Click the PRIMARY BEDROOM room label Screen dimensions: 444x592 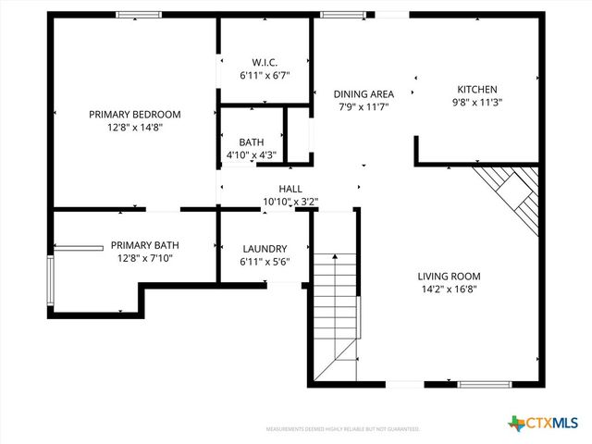click(134, 114)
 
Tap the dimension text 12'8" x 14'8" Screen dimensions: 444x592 click(134, 128)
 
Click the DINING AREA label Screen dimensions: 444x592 click(364, 93)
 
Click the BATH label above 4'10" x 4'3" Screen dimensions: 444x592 click(251, 142)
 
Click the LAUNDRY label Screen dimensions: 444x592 click(265, 249)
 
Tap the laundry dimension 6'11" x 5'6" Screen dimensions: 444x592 click(265, 262)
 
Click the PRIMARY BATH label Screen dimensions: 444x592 click(145, 245)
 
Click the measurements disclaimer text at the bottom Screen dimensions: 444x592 click(342, 429)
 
